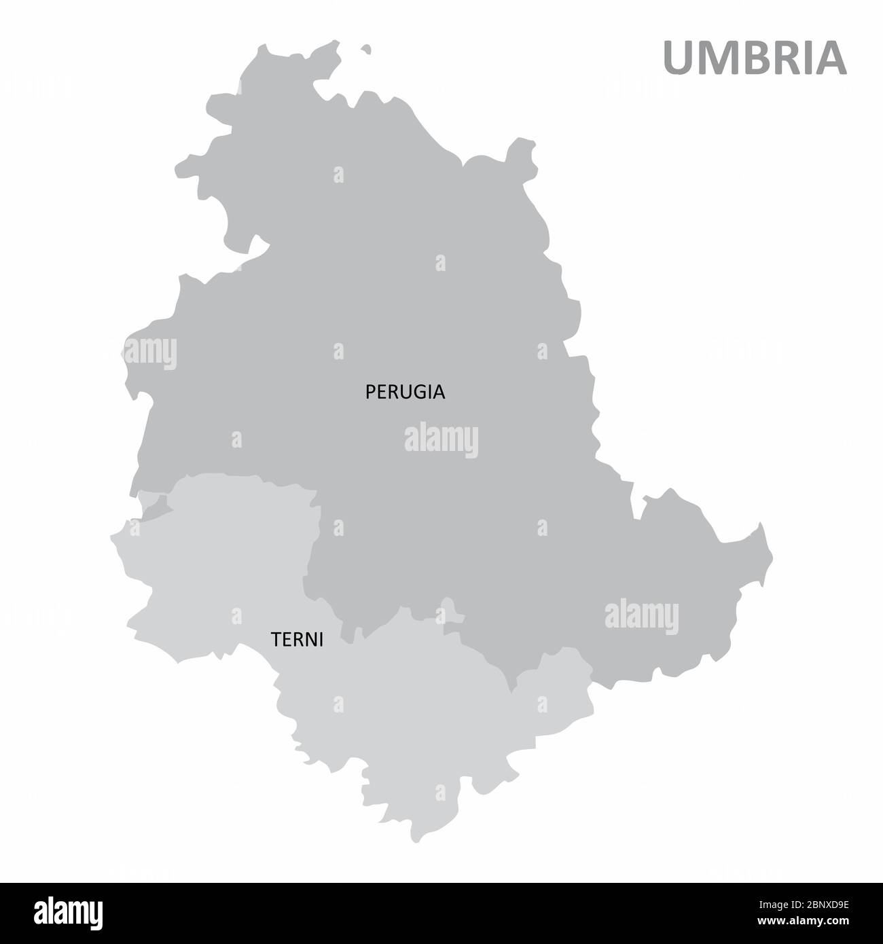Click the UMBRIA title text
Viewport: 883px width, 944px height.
point(755,58)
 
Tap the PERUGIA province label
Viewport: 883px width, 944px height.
point(405,392)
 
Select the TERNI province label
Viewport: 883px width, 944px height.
point(297,640)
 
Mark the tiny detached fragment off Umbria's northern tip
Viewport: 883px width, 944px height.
point(367,49)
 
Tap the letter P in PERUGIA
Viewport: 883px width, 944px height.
point(371,392)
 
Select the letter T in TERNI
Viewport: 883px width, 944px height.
point(276,640)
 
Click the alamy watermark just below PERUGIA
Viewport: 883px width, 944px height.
point(441,439)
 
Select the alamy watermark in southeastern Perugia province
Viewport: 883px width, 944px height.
point(641,616)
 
